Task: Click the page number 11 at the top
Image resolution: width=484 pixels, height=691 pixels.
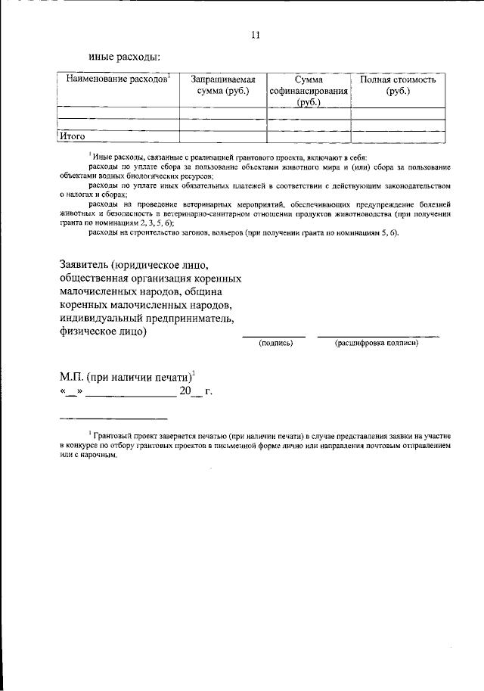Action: [255, 35]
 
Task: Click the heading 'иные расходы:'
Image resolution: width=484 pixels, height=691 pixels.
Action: [124, 56]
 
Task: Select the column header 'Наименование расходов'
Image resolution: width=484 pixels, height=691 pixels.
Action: [117, 79]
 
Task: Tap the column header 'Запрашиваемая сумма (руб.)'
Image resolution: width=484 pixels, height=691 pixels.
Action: [222, 86]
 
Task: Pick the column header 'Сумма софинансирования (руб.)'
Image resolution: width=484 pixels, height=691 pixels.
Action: [308, 92]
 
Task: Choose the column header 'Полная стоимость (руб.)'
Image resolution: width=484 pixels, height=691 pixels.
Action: [397, 86]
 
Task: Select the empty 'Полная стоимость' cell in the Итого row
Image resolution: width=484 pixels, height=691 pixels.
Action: [397, 137]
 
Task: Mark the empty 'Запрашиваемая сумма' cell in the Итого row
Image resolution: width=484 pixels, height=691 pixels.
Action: [222, 137]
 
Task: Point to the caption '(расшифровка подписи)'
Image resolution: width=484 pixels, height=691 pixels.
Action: [377, 343]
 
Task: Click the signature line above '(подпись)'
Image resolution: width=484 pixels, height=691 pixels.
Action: [274, 335]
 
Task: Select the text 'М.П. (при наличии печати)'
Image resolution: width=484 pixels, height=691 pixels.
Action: [126, 376]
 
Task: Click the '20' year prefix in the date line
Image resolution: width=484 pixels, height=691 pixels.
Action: [185, 391]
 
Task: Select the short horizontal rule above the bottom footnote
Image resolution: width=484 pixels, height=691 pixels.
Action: [113, 419]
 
